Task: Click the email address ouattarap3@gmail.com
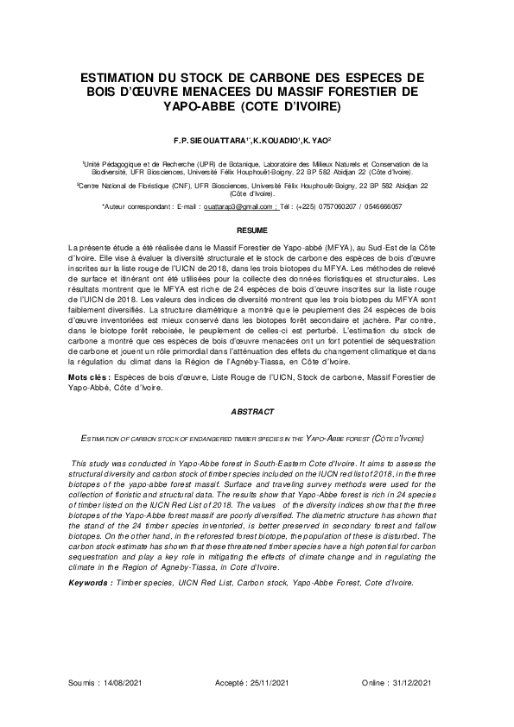pyautogui.click(x=238, y=207)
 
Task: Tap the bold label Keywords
pyautogui.click(x=91, y=583)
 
